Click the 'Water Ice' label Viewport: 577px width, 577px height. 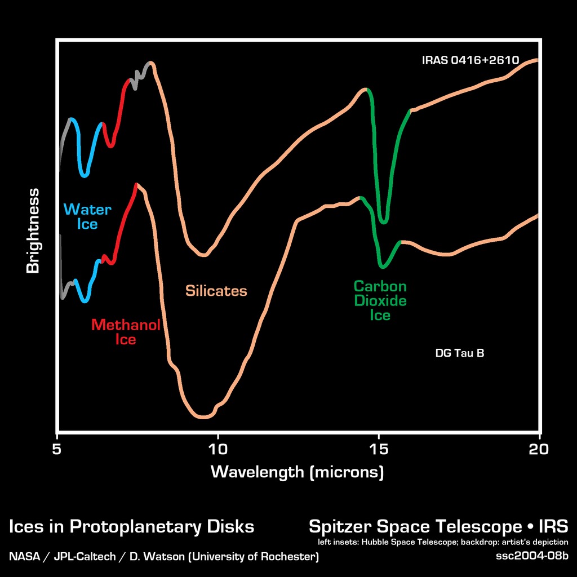click(87, 217)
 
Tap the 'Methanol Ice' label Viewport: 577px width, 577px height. click(126, 332)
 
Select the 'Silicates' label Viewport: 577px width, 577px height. click(216, 291)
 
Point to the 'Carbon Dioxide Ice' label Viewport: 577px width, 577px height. click(380, 300)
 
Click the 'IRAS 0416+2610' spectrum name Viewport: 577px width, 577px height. click(470, 60)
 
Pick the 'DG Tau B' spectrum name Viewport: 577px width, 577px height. click(460, 353)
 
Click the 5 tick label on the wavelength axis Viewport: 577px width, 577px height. click(57, 449)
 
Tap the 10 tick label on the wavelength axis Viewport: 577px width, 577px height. click(218, 449)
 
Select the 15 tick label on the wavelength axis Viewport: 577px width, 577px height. click(379, 449)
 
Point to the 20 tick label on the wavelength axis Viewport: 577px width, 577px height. click(539, 449)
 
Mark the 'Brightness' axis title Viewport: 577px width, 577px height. click(33, 231)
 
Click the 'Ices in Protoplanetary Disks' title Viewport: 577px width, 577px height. click(131, 527)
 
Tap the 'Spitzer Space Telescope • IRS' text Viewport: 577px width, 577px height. click(438, 527)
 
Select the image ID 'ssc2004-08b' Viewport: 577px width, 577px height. click(532, 556)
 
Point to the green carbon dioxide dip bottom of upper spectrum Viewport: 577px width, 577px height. click(384, 221)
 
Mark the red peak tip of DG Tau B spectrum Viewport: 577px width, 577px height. click(136, 184)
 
